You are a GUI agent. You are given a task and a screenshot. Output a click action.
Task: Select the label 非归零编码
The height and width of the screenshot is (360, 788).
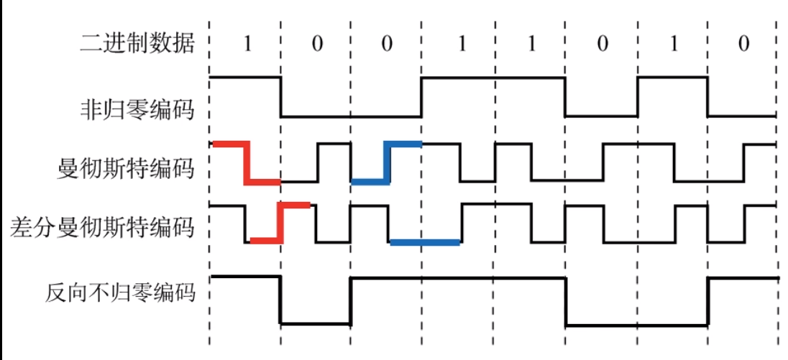[x=137, y=111]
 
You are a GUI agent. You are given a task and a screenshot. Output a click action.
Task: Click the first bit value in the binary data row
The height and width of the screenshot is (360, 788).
[x=247, y=44]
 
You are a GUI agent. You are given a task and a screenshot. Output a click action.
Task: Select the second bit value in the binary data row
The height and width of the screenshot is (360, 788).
[x=317, y=44]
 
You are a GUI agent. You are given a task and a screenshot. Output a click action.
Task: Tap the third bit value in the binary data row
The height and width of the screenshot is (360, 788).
[x=387, y=44]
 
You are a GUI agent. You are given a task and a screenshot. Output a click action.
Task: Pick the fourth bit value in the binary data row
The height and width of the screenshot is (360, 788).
[x=461, y=44]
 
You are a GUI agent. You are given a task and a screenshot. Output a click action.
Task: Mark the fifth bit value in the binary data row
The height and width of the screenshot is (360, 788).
[x=531, y=44]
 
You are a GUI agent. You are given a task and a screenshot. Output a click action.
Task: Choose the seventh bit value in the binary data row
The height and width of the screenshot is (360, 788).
[x=674, y=44]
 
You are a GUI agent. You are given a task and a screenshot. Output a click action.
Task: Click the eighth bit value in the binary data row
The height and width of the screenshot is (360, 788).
[x=743, y=44]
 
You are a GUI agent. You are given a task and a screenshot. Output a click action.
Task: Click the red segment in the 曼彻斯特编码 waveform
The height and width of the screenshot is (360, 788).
[x=246, y=163]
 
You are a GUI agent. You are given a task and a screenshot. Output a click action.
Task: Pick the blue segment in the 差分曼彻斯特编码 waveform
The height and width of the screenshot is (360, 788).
[x=424, y=242]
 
